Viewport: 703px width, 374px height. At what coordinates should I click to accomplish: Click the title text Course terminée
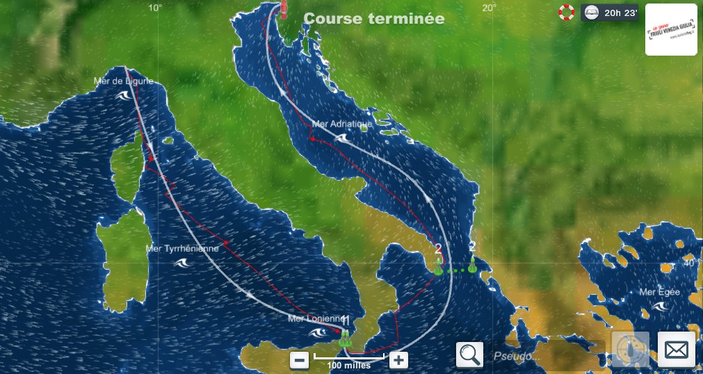point(374,19)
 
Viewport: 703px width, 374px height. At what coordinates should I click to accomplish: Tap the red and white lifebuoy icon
point(567,12)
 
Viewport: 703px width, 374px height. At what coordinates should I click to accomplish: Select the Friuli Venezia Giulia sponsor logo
point(671,29)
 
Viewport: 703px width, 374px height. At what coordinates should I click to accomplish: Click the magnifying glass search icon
point(469,355)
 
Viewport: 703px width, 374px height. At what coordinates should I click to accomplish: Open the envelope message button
point(676,350)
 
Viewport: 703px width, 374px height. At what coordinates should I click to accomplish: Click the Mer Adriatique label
point(342,124)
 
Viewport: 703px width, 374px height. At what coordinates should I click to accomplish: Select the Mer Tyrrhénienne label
point(182,248)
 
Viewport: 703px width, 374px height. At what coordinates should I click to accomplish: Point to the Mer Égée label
point(659,292)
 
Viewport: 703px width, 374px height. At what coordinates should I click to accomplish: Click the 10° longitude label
point(155,7)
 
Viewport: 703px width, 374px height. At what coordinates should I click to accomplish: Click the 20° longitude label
point(489,7)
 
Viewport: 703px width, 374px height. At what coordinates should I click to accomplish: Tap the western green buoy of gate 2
point(438,268)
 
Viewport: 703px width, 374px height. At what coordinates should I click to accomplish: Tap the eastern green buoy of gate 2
point(472,266)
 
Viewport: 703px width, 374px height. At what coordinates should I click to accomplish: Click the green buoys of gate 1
point(344,340)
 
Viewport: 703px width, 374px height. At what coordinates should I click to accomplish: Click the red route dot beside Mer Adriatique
point(313,139)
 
